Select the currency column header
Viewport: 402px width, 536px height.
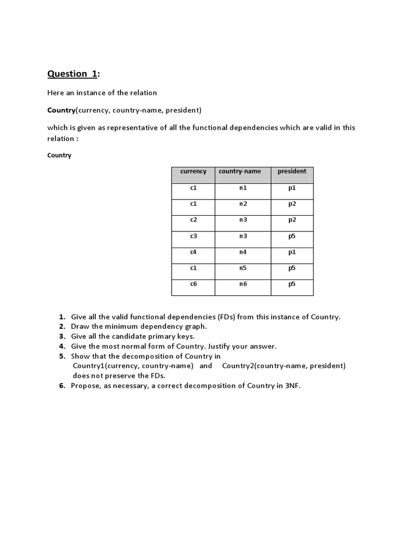[193, 172]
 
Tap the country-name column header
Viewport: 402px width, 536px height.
[243, 172]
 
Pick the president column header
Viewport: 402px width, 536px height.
[292, 172]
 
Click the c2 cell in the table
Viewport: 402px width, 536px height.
[193, 220]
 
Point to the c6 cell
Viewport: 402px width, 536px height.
[193, 284]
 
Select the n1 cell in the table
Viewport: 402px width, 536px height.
[243, 188]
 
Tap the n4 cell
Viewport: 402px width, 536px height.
[243, 252]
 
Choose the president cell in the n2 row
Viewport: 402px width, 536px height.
[292, 204]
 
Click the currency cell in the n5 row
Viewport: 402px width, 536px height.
[193, 268]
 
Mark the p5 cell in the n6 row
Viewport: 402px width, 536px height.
[292, 284]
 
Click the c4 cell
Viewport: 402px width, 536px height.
[193, 252]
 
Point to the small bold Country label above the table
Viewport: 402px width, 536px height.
[59, 155]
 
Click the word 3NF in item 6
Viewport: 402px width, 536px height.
[292, 386]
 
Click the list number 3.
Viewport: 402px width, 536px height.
[61, 336]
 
